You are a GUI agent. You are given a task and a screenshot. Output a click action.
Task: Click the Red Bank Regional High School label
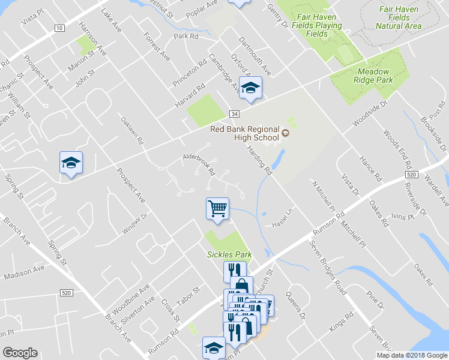pos(244,133)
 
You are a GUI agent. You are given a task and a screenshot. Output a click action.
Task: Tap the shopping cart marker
pos(217,209)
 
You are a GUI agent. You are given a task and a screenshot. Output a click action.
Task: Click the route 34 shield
pos(234,114)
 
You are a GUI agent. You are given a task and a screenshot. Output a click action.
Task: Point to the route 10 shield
pos(59,28)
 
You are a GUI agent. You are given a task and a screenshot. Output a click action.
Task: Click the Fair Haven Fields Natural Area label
pos(399,17)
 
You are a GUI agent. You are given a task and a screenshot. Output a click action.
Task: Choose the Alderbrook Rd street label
pos(199,163)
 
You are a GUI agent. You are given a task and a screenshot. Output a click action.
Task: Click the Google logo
pos(20,353)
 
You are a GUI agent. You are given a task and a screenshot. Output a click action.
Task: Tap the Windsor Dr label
pos(134,225)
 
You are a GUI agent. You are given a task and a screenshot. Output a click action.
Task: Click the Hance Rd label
pos(370,168)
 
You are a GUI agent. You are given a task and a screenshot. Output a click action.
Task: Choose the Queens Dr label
pos(295,305)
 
